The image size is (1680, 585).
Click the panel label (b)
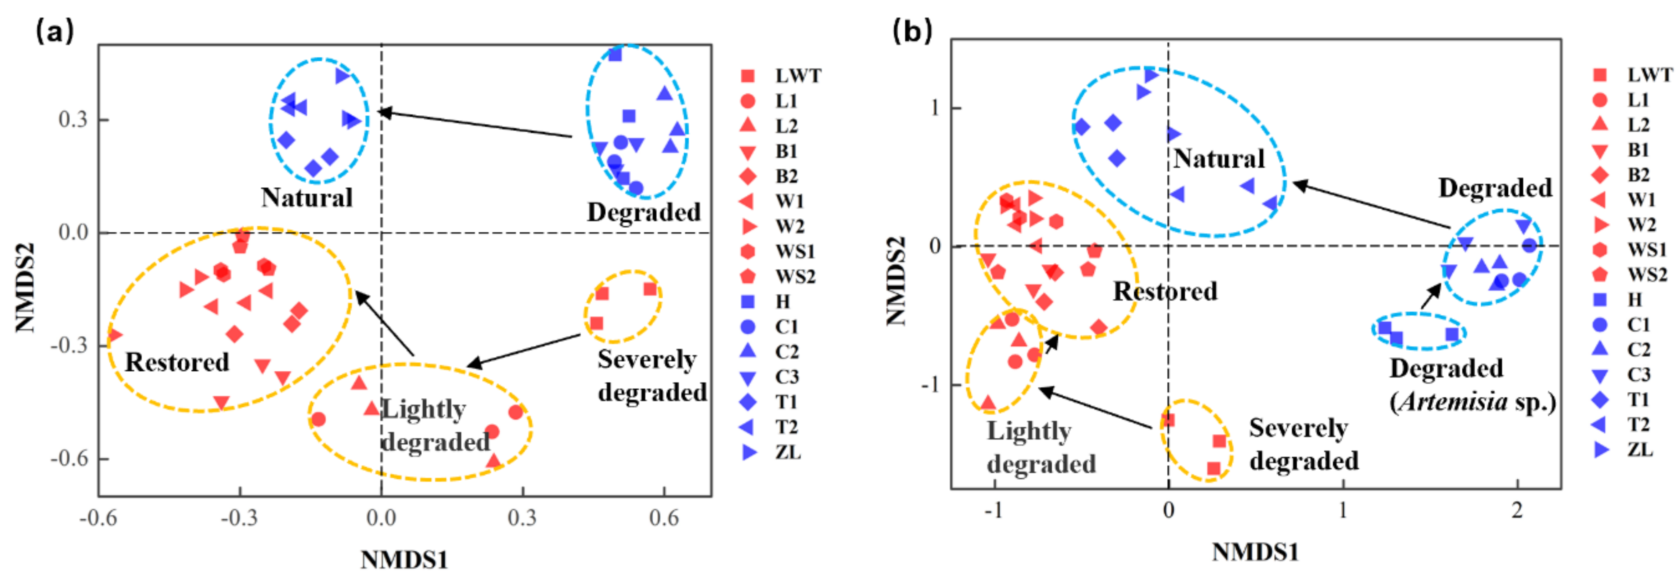pos(912,31)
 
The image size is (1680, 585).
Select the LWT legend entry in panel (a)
pos(798,76)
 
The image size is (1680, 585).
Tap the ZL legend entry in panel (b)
pos(1639,449)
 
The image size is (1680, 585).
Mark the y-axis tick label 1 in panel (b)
pos(935,108)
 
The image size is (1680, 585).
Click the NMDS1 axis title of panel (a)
pos(405,559)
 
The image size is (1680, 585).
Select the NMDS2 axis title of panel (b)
pos(897,281)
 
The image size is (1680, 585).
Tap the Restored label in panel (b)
pos(1165,291)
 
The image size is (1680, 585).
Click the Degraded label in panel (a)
pos(644,212)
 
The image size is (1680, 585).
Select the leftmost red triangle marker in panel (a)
pos(113,336)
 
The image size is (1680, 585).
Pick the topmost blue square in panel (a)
pos(615,54)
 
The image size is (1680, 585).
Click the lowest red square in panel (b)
pos(1214,468)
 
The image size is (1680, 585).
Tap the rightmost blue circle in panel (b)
pos(1529,245)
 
